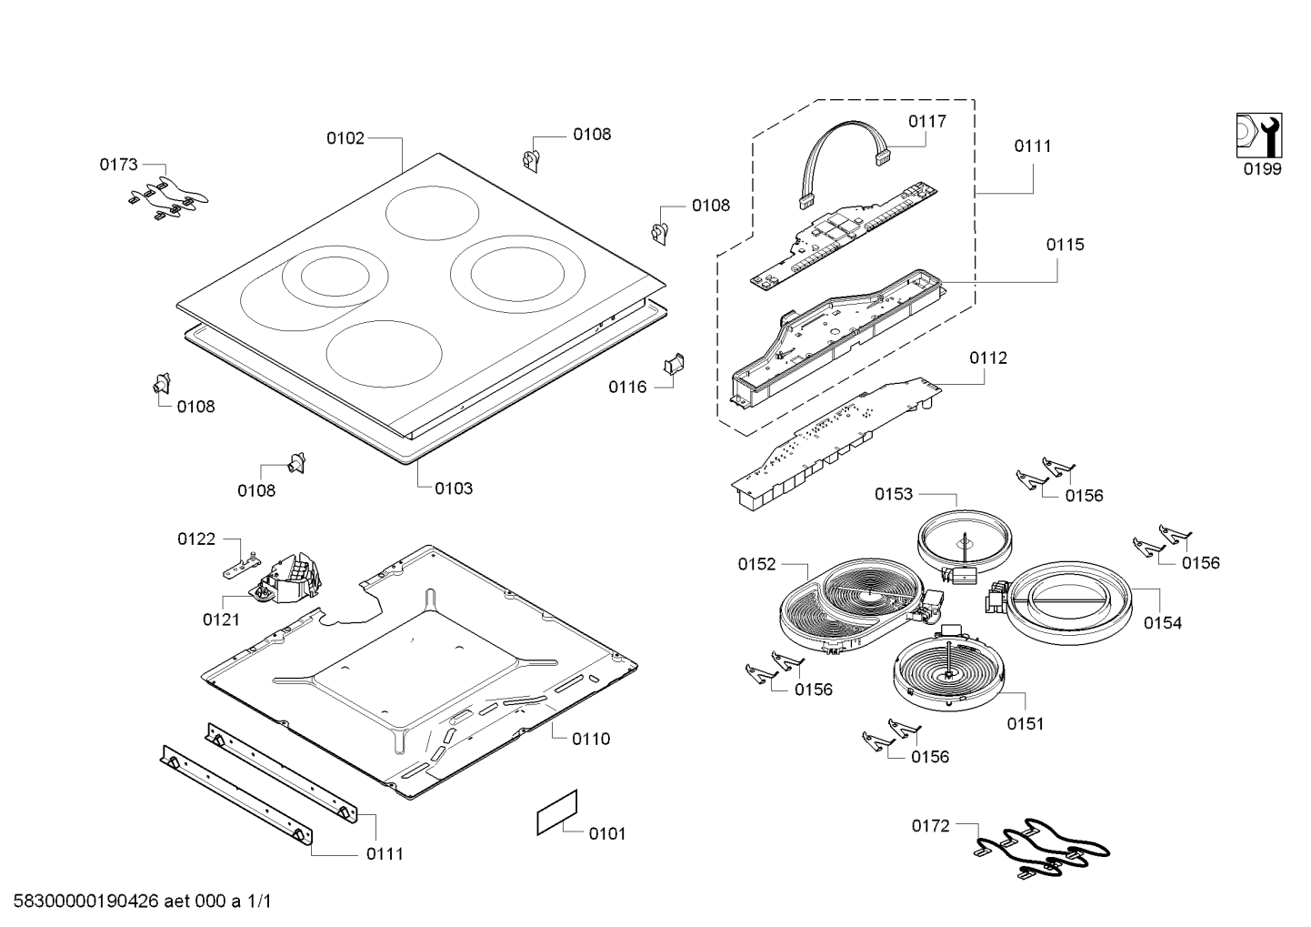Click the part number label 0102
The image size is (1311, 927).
[x=345, y=138]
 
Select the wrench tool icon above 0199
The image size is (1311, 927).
[x=1257, y=136]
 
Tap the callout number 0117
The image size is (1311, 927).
[x=927, y=121]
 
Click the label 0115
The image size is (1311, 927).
[x=1065, y=245]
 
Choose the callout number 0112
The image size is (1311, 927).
[x=988, y=358]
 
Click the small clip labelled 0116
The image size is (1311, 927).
[x=675, y=364]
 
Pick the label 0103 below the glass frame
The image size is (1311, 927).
[x=453, y=489]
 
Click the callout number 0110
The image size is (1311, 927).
[x=591, y=739]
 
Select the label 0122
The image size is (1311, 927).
[x=196, y=539]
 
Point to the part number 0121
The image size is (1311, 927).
[x=221, y=620]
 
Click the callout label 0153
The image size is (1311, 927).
[x=894, y=494]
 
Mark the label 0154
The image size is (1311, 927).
[x=1163, y=623]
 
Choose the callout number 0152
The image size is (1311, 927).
[x=756, y=564]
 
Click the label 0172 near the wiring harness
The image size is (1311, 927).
[x=931, y=826]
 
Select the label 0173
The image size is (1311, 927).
[x=119, y=165]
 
